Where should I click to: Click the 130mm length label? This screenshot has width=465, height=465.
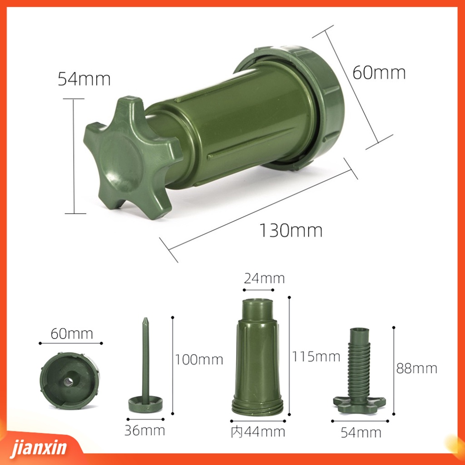[x=291, y=230]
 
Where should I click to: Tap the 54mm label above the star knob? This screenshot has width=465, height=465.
[x=84, y=79]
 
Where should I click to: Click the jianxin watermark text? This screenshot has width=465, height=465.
[x=39, y=447]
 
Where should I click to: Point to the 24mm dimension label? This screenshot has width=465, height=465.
[x=264, y=278]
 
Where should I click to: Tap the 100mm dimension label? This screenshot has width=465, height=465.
[x=199, y=360]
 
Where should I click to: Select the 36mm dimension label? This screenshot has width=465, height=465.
[x=144, y=430]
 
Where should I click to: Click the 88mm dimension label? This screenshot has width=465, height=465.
[x=417, y=368]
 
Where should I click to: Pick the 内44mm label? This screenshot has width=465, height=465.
[x=258, y=432]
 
